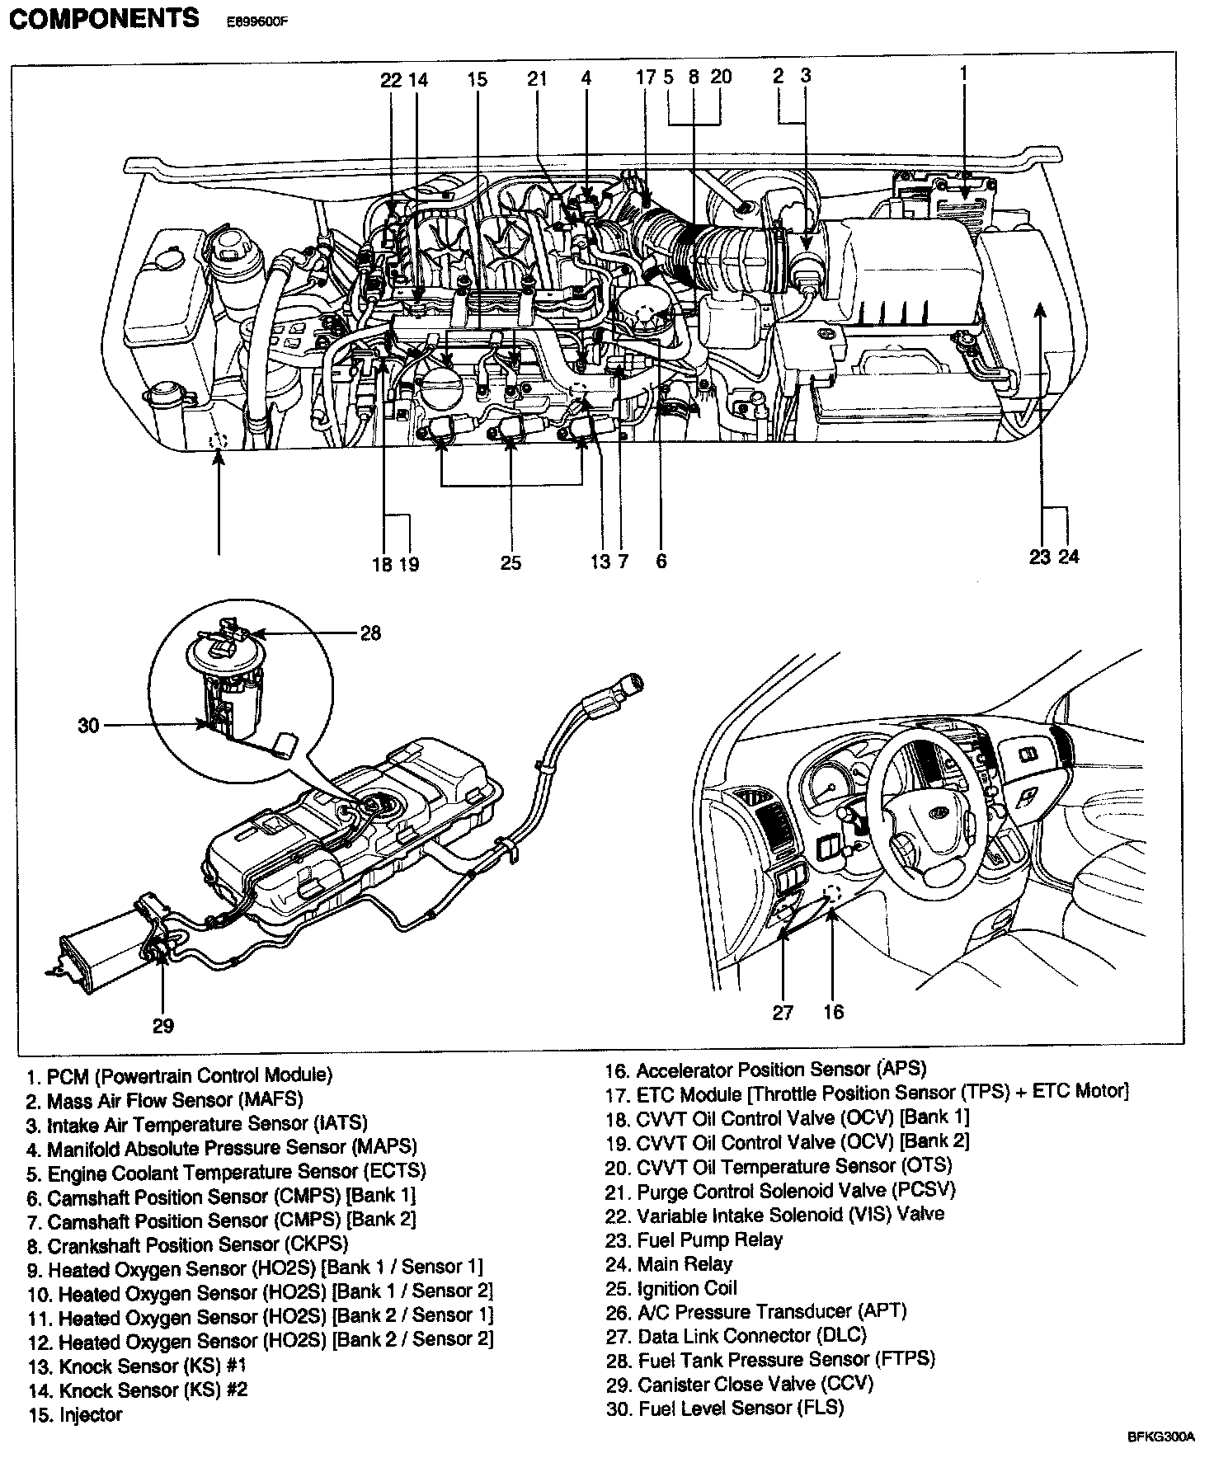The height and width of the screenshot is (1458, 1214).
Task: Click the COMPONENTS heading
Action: (x=104, y=18)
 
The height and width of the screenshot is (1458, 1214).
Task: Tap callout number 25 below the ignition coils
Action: (x=511, y=562)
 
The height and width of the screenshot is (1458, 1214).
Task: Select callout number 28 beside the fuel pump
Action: (x=370, y=633)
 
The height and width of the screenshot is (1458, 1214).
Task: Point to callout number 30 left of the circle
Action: (x=88, y=726)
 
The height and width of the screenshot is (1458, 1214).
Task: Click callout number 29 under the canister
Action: (x=163, y=1025)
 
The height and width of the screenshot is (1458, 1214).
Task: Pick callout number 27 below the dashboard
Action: (x=782, y=1012)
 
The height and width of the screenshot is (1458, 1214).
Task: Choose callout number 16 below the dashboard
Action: (x=833, y=1012)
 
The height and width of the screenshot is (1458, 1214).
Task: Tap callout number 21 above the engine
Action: (x=537, y=78)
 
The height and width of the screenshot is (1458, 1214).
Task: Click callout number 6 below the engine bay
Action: (x=661, y=562)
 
